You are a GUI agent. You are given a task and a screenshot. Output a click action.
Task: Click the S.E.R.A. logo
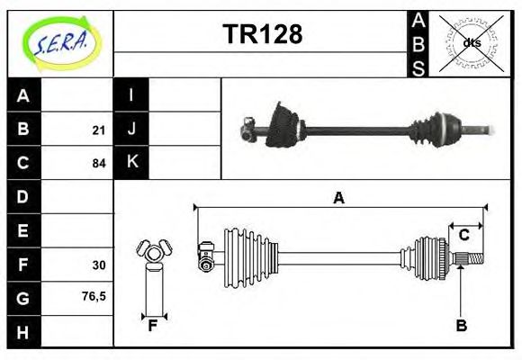[60, 41]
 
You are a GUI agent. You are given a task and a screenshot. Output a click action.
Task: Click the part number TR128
[262, 34]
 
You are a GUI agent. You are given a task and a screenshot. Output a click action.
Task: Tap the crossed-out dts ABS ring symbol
[471, 42]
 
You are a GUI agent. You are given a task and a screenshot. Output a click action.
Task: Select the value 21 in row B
[99, 130]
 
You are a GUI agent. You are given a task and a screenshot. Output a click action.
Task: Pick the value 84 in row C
[99, 164]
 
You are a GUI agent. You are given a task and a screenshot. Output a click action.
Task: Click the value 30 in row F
[99, 265]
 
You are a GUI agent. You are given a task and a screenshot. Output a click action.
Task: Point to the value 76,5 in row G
[94, 295]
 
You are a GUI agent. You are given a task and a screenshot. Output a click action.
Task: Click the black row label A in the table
[23, 95]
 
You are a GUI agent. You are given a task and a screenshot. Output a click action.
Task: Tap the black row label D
[23, 196]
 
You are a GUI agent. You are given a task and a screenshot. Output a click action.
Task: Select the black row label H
[23, 331]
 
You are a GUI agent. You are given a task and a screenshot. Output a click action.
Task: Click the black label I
[131, 95]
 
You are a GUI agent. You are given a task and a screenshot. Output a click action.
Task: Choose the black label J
[131, 129]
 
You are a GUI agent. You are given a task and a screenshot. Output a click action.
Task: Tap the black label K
[131, 163]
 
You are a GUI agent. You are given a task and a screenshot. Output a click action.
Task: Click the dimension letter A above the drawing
[338, 198]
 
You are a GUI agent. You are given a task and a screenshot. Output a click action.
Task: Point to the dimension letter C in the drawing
[464, 236]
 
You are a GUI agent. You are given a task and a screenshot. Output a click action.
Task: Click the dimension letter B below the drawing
[461, 326]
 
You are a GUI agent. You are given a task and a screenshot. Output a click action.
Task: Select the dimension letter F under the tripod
[153, 326]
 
